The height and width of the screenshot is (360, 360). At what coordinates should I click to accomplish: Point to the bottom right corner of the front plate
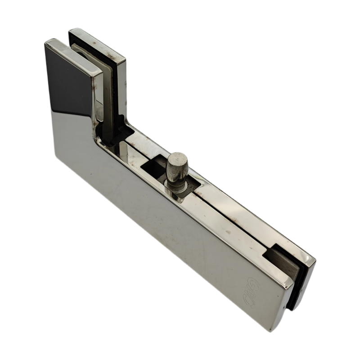tap(283, 331)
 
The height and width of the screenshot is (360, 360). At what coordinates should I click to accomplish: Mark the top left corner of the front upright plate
tap(46, 43)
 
